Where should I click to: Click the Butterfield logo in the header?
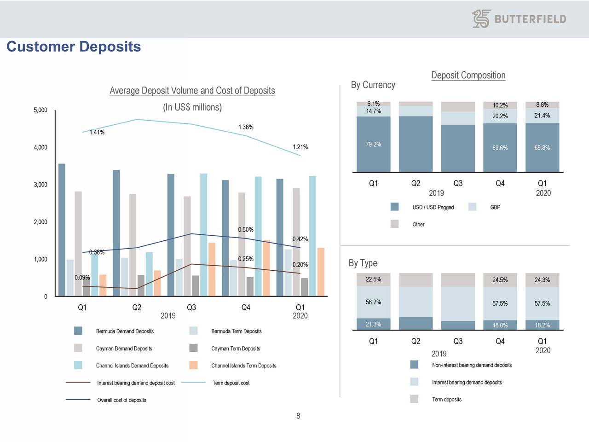(519, 19)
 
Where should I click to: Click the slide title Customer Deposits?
(74, 47)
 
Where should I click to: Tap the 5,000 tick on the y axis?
(40, 110)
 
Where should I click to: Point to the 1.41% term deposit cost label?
(97, 133)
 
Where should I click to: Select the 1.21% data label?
(300, 147)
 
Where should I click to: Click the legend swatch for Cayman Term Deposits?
(193, 348)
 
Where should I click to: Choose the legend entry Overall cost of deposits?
(121, 400)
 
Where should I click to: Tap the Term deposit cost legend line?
(193, 383)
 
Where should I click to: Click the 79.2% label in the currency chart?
(373, 145)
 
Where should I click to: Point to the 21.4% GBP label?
(542, 116)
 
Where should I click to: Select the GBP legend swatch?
(472, 207)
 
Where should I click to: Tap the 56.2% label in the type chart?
(373, 302)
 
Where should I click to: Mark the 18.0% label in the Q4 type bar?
(500, 325)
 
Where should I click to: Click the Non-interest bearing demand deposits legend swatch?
(414, 365)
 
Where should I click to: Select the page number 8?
(298, 416)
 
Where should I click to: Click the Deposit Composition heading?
(468, 76)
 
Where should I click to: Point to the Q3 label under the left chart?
(191, 308)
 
